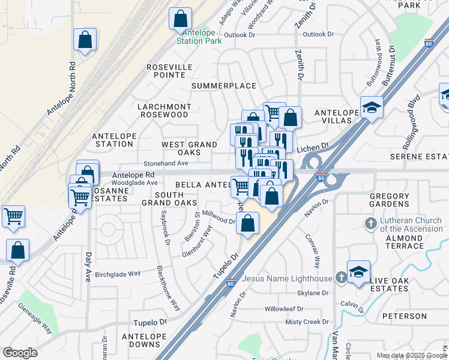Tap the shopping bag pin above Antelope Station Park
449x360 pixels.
180,20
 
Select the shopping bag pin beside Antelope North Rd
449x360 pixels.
85,40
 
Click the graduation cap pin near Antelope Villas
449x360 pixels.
372,108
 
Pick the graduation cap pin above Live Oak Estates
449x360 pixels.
358,272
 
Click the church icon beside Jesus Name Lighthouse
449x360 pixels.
341,277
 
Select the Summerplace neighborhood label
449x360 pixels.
224,86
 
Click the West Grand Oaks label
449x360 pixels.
189,148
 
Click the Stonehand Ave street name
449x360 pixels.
166,163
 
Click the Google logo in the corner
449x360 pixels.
20,352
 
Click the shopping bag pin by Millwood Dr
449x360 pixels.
247,224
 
